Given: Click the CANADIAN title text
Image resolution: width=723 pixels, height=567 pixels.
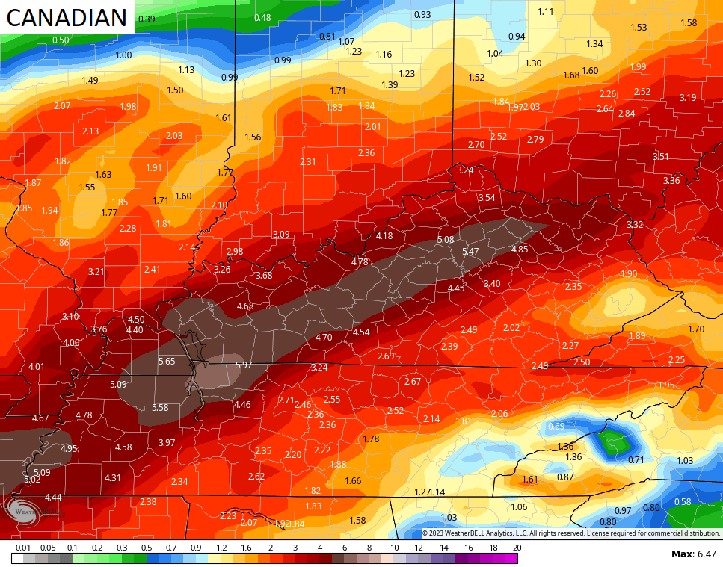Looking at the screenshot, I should pyautogui.click(x=67, y=17).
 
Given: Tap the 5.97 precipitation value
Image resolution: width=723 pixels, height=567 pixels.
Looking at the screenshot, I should pyautogui.click(x=243, y=365).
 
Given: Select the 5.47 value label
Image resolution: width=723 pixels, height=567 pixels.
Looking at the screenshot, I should pyautogui.click(x=470, y=252).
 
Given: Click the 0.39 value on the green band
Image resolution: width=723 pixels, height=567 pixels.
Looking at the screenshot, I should pyautogui.click(x=147, y=19).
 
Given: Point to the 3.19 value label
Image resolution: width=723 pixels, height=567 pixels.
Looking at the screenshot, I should pyautogui.click(x=688, y=98).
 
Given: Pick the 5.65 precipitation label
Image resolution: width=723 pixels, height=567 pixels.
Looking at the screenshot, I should pyautogui.click(x=167, y=362).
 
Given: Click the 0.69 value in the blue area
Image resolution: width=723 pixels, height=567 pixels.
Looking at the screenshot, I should pyautogui.click(x=556, y=427).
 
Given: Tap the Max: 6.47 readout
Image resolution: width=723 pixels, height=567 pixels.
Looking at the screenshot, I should pyautogui.click(x=694, y=554).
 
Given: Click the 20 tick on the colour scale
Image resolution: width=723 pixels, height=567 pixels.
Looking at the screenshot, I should pyautogui.click(x=517, y=548).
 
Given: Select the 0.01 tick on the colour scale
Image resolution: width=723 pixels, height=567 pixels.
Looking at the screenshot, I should pyautogui.click(x=24, y=548).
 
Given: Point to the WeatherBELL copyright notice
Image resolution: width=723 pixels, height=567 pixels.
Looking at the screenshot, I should pyautogui.click(x=570, y=533).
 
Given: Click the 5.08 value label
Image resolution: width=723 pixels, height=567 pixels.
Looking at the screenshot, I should pyautogui.click(x=446, y=240).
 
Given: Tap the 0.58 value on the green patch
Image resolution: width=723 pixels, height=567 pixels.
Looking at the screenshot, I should pyautogui.click(x=683, y=502).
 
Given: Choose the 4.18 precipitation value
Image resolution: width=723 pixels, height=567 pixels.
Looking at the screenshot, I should pyautogui.click(x=384, y=236).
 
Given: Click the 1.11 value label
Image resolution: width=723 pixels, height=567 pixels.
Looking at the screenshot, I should pyautogui.click(x=546, y=11).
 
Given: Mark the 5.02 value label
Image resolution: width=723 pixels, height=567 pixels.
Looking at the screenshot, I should pyautogui.click(x=32, y=480).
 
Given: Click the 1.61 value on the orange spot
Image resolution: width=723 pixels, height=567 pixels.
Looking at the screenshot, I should pyautogui.click(x=530, y=480).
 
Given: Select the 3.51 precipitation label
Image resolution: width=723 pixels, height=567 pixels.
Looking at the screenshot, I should pyautogui.click(x=661, y=157).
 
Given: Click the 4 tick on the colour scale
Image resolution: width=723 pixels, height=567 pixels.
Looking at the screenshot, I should pyautogui.click(x=320, y=548).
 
